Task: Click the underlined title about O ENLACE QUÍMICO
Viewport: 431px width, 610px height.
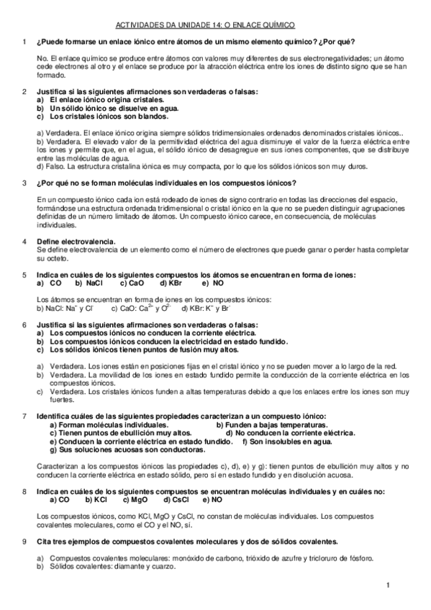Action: coord(215,24)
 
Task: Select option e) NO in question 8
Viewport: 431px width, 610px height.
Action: coord(213,499)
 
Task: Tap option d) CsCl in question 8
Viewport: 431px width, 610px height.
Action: coord(177,499)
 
